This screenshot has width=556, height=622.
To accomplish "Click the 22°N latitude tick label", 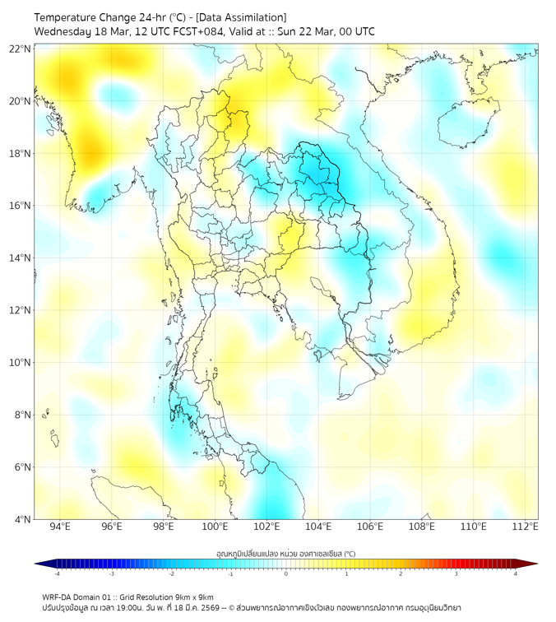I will click(21, 49).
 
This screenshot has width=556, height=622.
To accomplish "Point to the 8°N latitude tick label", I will click(22, 415).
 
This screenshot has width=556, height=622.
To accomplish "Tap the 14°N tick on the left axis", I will click(21, 258).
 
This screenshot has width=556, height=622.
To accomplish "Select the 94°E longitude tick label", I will click(59, 527).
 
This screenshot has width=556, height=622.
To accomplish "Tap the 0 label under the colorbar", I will click(286, 573).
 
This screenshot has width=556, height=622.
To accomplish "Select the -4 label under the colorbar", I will click(56, 573).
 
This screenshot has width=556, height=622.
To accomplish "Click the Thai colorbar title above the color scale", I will click(285, 553).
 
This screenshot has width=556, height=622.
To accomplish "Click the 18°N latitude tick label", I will click(21, 153).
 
